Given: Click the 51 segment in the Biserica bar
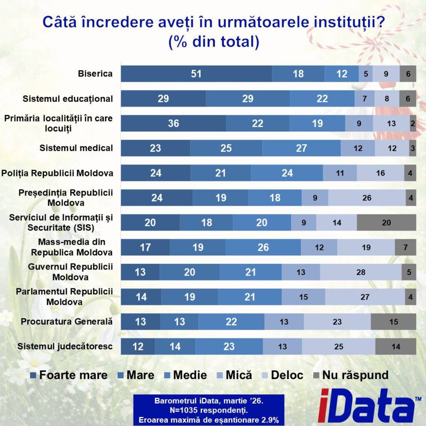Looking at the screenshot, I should point(196,74).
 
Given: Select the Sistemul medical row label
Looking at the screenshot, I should point(76,148).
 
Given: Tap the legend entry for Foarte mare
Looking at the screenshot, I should point(69,375).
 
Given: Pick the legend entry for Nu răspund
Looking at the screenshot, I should point(350,375).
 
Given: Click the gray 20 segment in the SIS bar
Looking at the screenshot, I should point(386,223).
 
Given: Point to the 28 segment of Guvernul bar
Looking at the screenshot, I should point(361,272).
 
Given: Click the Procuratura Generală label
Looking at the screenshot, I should point(67,322).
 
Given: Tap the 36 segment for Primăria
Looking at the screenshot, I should point(173,123).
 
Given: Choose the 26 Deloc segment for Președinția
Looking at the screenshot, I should point(367,198).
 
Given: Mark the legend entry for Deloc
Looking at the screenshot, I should point(282,375).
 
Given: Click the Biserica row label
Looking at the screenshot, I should point(95,74).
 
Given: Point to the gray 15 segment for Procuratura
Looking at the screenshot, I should point(393,322).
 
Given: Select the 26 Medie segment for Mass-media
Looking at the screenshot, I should point(263,248).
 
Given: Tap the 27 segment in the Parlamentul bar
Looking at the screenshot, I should point(365,297).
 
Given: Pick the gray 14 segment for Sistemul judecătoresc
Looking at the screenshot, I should point(396,347).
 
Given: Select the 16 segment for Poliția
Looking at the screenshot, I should point(380,173).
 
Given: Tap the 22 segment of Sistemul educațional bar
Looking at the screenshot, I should point(322,99).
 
